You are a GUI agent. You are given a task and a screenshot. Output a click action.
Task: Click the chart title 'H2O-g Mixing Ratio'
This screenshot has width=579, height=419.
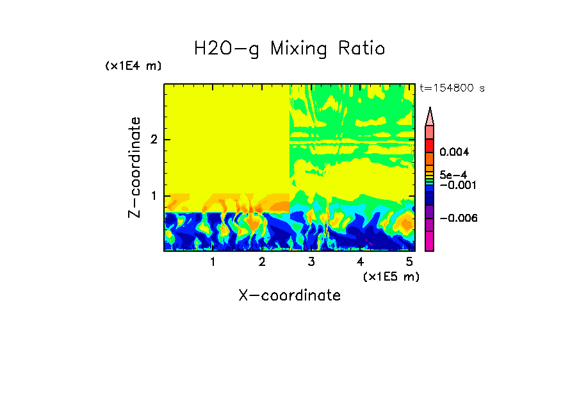pos(289,49)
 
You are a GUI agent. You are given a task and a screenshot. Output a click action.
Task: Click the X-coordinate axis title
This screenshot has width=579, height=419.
pos(289,295)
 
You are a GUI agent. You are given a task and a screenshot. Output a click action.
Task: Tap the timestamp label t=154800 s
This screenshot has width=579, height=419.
pos(452,88)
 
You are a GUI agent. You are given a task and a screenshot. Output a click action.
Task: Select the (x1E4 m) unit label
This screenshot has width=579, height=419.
pos(133,66)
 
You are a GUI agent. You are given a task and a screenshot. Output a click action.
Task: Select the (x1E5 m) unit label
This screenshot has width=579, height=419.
pos(391,276)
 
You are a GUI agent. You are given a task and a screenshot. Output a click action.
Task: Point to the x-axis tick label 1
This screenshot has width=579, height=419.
pos(213,261)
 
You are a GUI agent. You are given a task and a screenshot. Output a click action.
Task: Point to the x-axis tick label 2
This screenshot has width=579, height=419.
pos(262,261)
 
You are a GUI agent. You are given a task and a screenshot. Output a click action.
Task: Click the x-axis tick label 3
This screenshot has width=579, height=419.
pos(311,261)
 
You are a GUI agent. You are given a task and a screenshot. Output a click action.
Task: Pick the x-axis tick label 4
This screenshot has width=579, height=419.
pos(360,261)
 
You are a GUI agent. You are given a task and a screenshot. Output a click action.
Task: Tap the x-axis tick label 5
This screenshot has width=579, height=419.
pos(409,261)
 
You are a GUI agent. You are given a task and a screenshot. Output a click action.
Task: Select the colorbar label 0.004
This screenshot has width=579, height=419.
pos(454,152)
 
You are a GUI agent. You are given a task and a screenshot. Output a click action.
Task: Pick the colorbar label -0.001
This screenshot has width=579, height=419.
pos(456,185)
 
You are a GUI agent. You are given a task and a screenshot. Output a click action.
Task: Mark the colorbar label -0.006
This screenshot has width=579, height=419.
pos(456,218)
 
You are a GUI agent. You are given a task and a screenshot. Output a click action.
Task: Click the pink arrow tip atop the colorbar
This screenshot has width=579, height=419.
pos(430,116)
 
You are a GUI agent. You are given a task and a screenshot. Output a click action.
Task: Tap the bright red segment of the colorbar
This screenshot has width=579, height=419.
pos(430,145)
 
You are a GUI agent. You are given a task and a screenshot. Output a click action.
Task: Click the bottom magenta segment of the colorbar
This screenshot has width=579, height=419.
pos(430,242)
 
